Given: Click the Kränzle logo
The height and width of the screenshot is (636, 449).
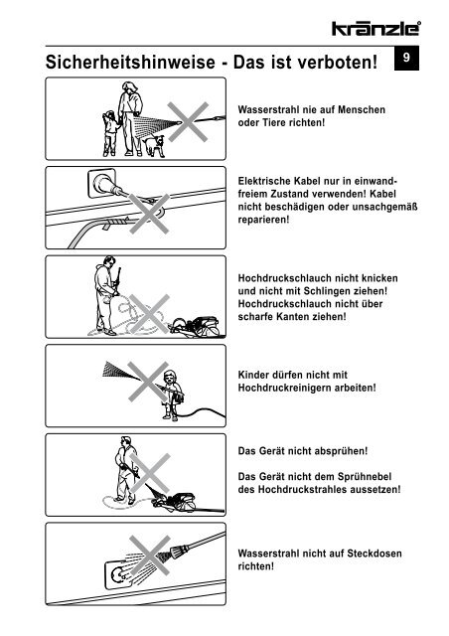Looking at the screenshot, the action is point(376,29).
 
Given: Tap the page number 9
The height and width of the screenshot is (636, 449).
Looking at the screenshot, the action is point(406,58).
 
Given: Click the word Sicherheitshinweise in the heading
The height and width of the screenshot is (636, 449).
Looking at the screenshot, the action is point(130,62).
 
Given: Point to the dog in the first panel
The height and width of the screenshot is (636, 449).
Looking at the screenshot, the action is point(154,146).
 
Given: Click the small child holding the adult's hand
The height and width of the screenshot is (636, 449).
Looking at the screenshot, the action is point(109,133).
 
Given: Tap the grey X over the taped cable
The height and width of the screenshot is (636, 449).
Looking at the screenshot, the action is point(149,214).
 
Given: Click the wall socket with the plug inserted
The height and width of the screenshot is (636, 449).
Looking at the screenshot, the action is point(101,183).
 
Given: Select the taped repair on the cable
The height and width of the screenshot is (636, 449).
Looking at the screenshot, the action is point(116,223).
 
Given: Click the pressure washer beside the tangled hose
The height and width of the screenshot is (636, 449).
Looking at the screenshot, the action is point(198,327).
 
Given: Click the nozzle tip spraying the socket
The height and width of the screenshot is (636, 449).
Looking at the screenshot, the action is point(177,553).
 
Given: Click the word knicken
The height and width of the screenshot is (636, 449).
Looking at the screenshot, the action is point(379,278).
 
